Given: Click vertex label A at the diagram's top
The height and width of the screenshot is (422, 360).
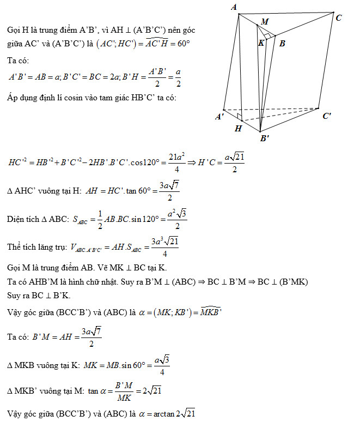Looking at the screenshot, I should (234, 7).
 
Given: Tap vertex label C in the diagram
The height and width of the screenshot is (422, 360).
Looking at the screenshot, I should (338, 18).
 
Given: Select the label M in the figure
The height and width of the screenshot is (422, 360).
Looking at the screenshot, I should (265, 22).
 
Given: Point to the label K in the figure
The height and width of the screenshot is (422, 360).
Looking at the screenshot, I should (261, 43).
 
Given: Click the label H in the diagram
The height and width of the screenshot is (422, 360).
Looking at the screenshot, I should (238, 129).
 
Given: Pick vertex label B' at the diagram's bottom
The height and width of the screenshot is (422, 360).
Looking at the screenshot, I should (265, 138).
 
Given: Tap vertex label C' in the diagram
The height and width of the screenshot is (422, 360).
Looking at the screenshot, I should (327, 116).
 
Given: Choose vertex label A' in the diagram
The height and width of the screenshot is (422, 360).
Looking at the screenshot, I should (219, 117).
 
